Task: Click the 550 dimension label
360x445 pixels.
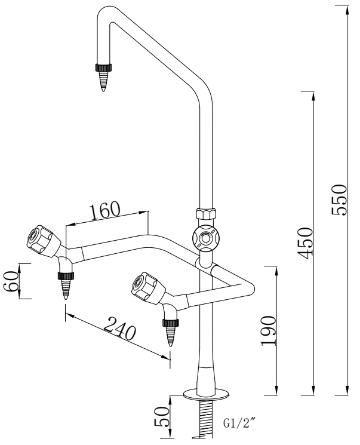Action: click(x=339, y=200)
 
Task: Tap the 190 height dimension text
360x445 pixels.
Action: click(x=268, y=331)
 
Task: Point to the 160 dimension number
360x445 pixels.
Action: click(x=104, y=211)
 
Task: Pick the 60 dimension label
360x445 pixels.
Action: click(x=11, y=281)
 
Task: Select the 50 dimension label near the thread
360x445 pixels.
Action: click(x=161, y=416)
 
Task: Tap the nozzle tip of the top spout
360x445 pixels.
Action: click(x=103, y=90)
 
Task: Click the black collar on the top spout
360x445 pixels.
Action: click(x=103, y=67)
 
